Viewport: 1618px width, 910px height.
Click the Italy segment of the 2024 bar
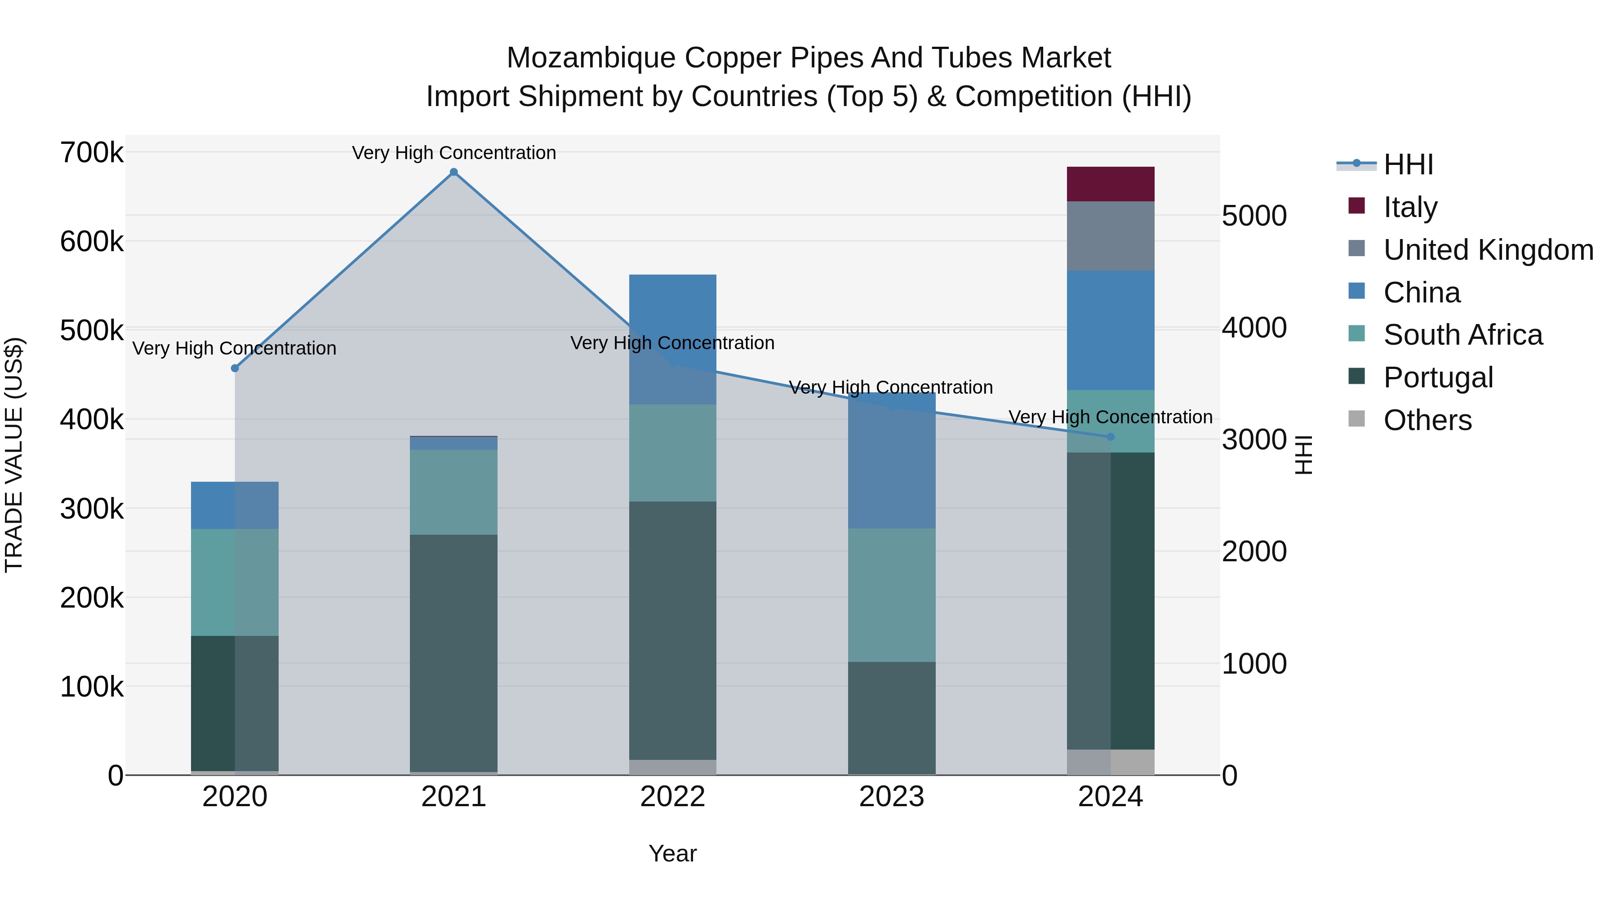point(1111,184)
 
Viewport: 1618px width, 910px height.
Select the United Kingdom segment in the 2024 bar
point(1111,236)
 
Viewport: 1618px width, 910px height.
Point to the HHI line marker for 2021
point(453,172)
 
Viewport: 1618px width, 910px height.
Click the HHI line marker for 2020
point(235,368)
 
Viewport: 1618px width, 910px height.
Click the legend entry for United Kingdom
point(1487,250)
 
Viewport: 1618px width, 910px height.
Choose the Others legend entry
point(1427,420)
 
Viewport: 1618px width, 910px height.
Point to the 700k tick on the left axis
point(92,153)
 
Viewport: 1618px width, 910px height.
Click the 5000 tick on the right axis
point(1254,216)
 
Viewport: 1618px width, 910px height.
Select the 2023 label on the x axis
point(891,797)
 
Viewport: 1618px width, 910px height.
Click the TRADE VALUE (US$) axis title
point(14,455)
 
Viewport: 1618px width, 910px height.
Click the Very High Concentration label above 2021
point(453,153)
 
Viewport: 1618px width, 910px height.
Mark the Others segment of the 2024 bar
point(1111,762)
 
